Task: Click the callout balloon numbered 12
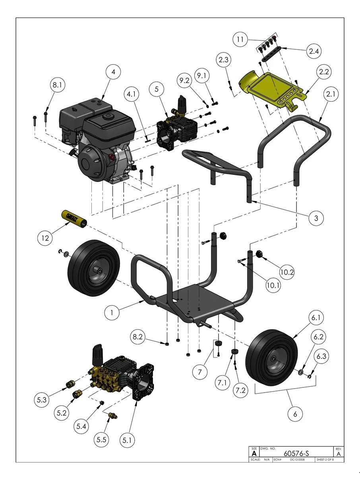pos(45,238)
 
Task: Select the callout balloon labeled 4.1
pos(132,94)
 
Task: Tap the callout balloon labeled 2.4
pos(314,51)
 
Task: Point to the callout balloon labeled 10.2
pos(287,272)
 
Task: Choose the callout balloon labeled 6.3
pos(321,356)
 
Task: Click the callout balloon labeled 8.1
pos(58,85)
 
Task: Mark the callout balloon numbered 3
pos(316,218)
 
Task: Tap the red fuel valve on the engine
pos(112,157)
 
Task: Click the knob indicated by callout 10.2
pos(260,254)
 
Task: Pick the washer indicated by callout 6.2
pos(301,372)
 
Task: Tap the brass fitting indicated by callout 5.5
pos(113,415)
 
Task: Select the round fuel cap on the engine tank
pos(108,116)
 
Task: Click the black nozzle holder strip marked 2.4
pos(271,54)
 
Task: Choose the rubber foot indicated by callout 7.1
pos(234,351)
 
